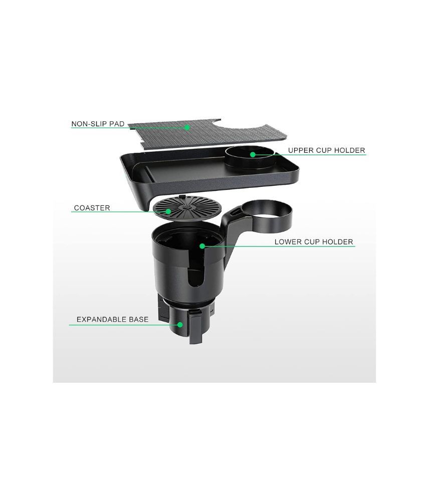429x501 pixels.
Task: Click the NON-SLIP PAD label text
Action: [98, 124]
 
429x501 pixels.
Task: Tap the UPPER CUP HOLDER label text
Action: [326, 150]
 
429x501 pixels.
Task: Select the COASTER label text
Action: [92, 208]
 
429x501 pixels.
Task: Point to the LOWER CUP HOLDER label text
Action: [314, 242]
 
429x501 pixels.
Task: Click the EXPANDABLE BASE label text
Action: [113, 319]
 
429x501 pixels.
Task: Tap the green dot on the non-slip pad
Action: [187, 127]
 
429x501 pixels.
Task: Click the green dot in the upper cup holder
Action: [253, 155]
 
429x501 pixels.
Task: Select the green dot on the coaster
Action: [168, 211]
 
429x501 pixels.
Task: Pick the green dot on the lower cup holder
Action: [202, 245]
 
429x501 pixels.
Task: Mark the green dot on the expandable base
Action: [180, 325]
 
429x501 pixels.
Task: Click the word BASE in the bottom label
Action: [139, 319]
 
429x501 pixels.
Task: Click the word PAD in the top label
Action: [117, 124]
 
